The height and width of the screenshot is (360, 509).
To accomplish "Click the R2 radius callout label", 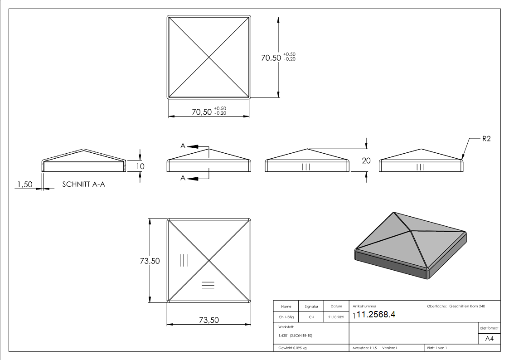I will click(x=486, y=139).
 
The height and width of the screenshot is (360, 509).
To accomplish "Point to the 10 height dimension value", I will click(x=141, y=166).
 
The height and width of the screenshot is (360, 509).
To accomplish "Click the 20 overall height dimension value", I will click(x=366, y=160).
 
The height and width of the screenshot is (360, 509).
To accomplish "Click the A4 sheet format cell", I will click(x=489, y=339).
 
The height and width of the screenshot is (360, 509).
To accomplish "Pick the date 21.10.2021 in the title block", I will click(x=336, y=317).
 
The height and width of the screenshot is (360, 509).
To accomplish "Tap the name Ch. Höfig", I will click(x=286, y=317).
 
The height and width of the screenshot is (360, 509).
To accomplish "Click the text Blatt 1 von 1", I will click(x=437, y=348).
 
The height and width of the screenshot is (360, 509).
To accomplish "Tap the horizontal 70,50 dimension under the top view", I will click(x=202, y=112).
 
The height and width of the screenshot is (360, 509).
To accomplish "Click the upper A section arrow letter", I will click(x=183, y=146).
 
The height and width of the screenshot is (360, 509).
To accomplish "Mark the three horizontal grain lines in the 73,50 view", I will click(x=208, y=285).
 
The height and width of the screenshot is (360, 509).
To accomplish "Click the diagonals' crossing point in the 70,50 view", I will click(x=209, y=57).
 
